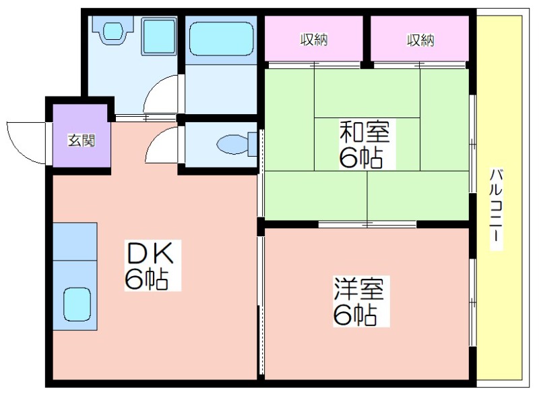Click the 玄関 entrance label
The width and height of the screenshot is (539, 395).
click(81, 140)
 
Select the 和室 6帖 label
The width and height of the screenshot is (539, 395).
click(364, 144)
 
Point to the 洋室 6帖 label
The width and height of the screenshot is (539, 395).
click(358, 301)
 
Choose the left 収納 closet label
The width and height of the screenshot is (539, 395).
click(314, 40)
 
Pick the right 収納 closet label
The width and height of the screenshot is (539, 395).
click(420, 41)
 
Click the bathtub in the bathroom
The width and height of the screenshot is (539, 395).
click(222, 38)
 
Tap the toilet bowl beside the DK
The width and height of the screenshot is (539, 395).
click(233, 144)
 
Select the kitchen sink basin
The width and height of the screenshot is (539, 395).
click(77, 305)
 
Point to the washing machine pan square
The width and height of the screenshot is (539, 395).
click(159, 36)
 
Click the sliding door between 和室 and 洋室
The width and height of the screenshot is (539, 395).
click(367, 225)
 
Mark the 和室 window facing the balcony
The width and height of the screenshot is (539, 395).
click(473, 143)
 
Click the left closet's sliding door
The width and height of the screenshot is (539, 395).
click(314, 65)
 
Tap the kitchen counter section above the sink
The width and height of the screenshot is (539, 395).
click(75, 242)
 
